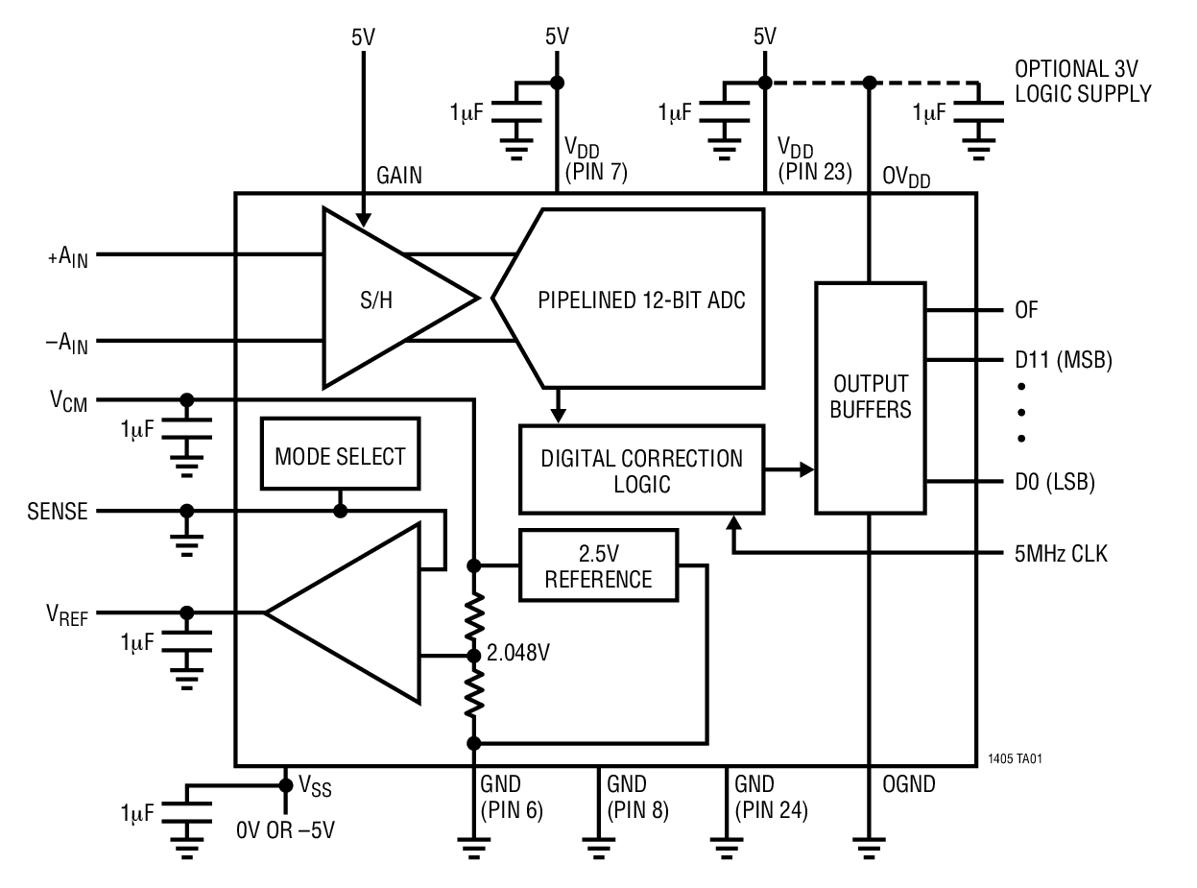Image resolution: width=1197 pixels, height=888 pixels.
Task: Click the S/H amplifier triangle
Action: click(384, 299)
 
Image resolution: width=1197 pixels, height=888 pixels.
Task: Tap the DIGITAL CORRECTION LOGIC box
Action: click(641, 469)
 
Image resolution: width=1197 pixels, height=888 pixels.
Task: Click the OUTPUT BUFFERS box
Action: click(871, 396)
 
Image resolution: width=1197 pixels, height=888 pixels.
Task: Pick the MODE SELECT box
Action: click(340, 456)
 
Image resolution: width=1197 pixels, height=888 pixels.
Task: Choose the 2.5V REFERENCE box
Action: click(598, 566)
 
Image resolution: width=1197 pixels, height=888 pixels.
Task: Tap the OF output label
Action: click(1025, 311)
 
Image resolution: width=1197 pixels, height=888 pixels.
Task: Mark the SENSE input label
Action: click(57, 512)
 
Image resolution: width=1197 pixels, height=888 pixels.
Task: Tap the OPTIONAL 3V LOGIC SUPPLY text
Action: click(1083, 83)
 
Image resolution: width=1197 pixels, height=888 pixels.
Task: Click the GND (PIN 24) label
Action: click(770, 798)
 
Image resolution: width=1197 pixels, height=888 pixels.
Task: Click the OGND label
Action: click(908, 785)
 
